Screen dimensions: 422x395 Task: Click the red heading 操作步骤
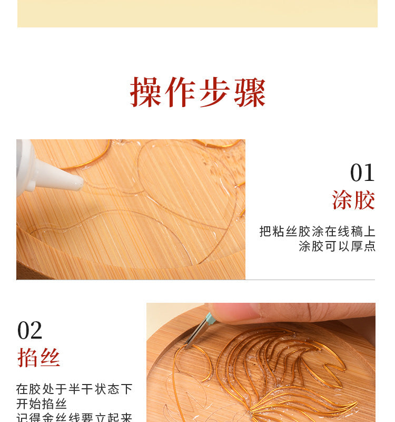[197, 93]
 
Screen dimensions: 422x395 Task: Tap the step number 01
[362, 173]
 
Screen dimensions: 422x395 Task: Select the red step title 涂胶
[353, 200]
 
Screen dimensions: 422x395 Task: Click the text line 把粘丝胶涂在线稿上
[317, 232]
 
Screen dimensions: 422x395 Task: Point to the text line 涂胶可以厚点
[337, 246]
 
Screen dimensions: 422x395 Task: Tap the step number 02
[30, 331]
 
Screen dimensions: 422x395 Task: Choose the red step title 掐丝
[38, 358]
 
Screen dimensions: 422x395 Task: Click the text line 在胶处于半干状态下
[74, 389]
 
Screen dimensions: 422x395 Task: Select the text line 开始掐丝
[42, 404]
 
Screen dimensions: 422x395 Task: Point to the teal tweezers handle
[209, 319]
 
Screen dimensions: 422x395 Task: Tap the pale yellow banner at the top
[197, 13]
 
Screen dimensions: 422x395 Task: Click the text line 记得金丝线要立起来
[74, 417]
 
